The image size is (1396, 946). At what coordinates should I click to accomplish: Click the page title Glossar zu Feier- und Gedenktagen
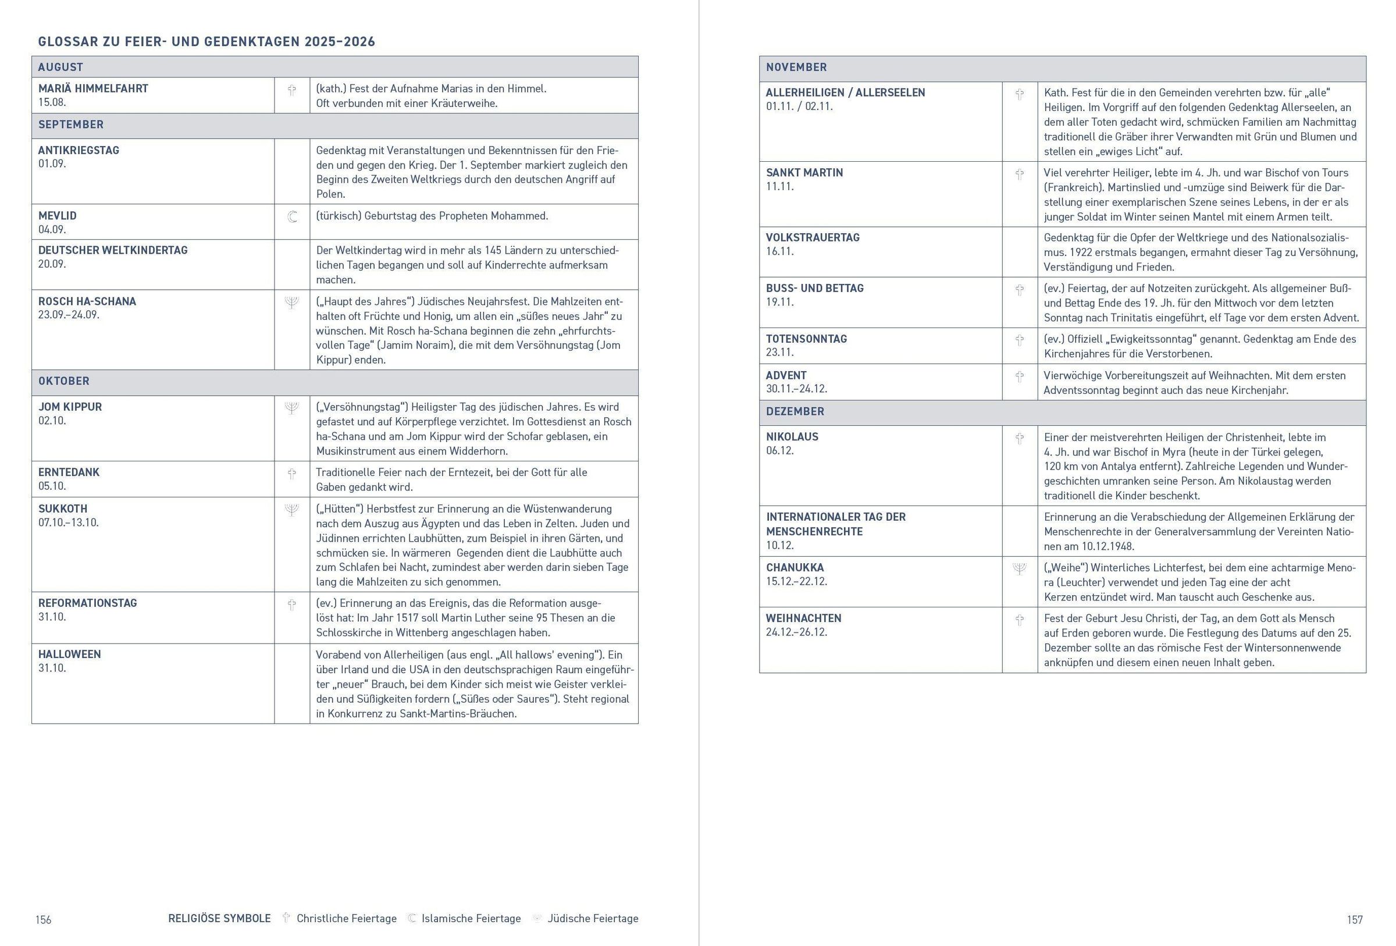(206, 41)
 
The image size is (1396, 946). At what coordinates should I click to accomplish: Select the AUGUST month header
(60, 67)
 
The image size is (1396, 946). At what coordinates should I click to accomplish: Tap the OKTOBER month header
(63, 381)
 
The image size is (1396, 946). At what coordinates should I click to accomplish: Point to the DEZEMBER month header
(795, 411)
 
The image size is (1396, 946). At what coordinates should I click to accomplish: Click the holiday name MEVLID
(57, 216)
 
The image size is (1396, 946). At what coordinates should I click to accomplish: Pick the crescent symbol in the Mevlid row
(292, 217)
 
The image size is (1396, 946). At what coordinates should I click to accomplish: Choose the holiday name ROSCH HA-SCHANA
(87, 301)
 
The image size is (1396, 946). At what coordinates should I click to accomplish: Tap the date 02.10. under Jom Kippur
(52, 421)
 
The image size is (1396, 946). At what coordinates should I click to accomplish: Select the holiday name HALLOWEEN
(70, 654)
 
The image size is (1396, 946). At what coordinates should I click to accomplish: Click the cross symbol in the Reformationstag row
(292, 605)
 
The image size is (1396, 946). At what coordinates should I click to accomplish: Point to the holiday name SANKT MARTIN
(804, 173)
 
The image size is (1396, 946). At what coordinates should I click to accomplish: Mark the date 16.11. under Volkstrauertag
(779, 251)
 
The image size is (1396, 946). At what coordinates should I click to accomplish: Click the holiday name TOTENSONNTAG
(806, 339)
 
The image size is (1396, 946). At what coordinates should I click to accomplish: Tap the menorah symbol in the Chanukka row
(1019, 569)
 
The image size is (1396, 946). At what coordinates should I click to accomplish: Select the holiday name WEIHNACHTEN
(803, 618)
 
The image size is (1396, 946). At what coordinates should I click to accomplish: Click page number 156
(43, 920)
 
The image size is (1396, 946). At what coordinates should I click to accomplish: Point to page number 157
(1355, 920)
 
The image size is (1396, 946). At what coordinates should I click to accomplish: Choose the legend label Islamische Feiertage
(471, 919)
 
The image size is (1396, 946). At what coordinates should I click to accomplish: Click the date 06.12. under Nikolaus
(779, 450)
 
